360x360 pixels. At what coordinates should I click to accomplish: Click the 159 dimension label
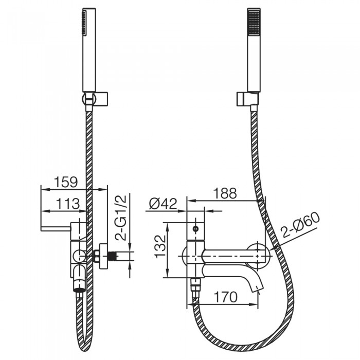66,182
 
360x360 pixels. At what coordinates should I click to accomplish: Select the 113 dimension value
68,204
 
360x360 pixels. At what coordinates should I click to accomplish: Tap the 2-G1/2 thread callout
121,218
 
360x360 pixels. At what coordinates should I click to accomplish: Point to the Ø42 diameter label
163,204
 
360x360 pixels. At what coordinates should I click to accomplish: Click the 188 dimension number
225,193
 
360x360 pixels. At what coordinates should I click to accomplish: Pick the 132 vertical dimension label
160,246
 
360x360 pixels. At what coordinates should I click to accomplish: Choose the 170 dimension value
225,297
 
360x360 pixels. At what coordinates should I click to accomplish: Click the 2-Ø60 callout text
300,225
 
